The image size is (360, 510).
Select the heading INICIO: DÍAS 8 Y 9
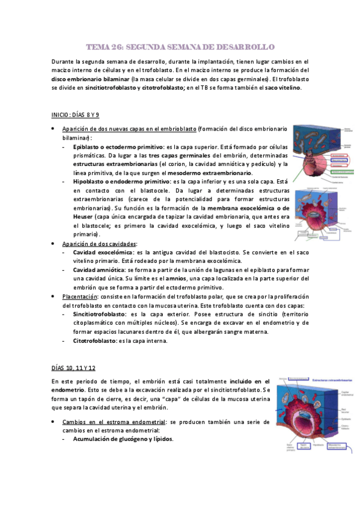click(x=75, y=114)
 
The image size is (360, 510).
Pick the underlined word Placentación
click(x=80, y=296)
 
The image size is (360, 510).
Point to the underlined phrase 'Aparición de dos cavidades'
click(x=99, y=244)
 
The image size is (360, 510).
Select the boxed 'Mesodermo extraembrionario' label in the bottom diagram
click(x=337, y=446)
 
